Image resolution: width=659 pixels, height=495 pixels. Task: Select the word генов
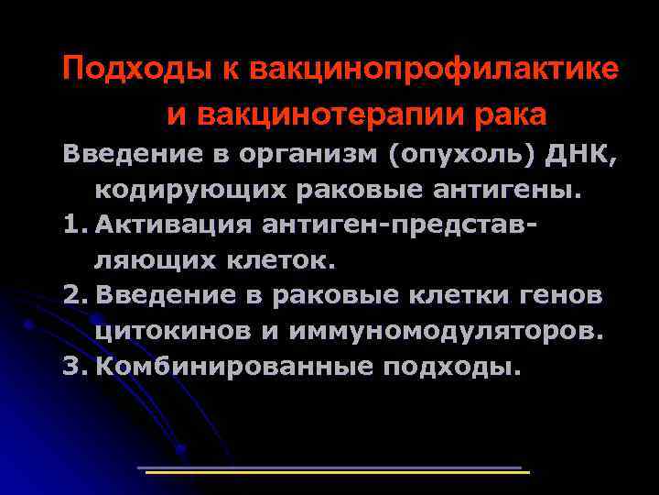pos(566,295)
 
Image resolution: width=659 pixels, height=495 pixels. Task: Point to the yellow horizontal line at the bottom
pos(339,473)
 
